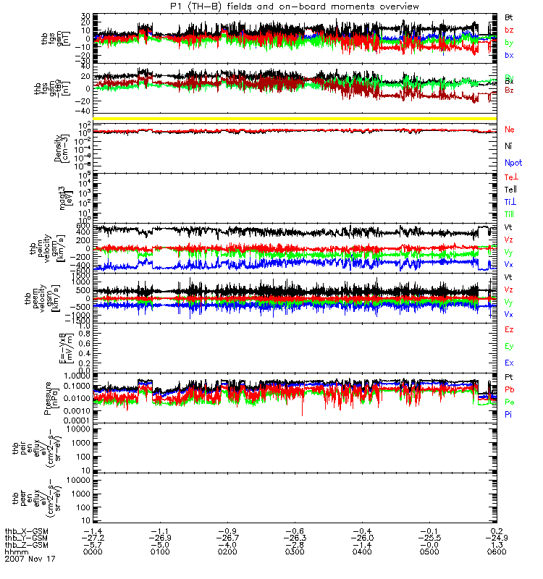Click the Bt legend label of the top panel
click(509, 16)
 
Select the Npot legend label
click(513, 163)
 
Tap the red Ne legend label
click(509, 130)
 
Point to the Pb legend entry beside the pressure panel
click(510, 389)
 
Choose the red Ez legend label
click(509, 329)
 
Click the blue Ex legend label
click(509, 363)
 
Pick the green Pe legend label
click(510, 401)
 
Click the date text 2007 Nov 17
click(30, 559)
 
